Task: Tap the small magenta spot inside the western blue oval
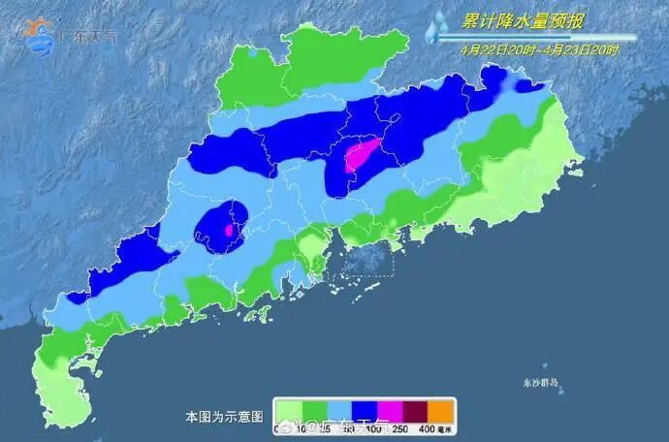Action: [229, 231]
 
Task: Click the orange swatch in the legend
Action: [439, 411]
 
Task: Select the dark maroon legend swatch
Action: [414, 411]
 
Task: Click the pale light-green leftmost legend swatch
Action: [287, 411]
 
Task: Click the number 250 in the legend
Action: [400, 428]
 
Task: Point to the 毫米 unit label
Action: [445, 428]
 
